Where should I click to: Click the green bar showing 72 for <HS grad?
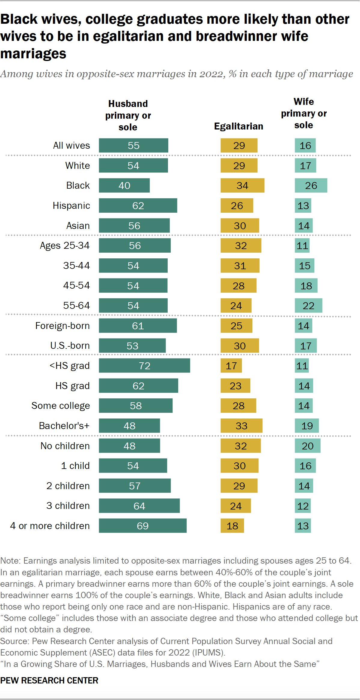144,366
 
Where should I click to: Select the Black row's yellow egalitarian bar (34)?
242,185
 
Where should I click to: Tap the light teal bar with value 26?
311,185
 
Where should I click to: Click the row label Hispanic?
71,205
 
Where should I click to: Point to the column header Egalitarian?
238,126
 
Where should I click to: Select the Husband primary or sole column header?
128,115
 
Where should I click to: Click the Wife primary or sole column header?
304,113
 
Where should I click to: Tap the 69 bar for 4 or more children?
142,526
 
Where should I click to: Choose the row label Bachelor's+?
64,426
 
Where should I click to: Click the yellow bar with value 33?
241,426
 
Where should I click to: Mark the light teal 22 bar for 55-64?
308,306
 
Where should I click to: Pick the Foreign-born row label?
62,326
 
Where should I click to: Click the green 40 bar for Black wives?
124,185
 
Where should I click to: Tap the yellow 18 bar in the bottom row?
232,526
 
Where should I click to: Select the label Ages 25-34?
65,245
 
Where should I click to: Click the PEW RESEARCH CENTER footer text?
49,680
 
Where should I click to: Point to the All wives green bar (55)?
133,145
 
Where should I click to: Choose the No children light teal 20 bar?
307,446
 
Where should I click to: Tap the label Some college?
60,406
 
